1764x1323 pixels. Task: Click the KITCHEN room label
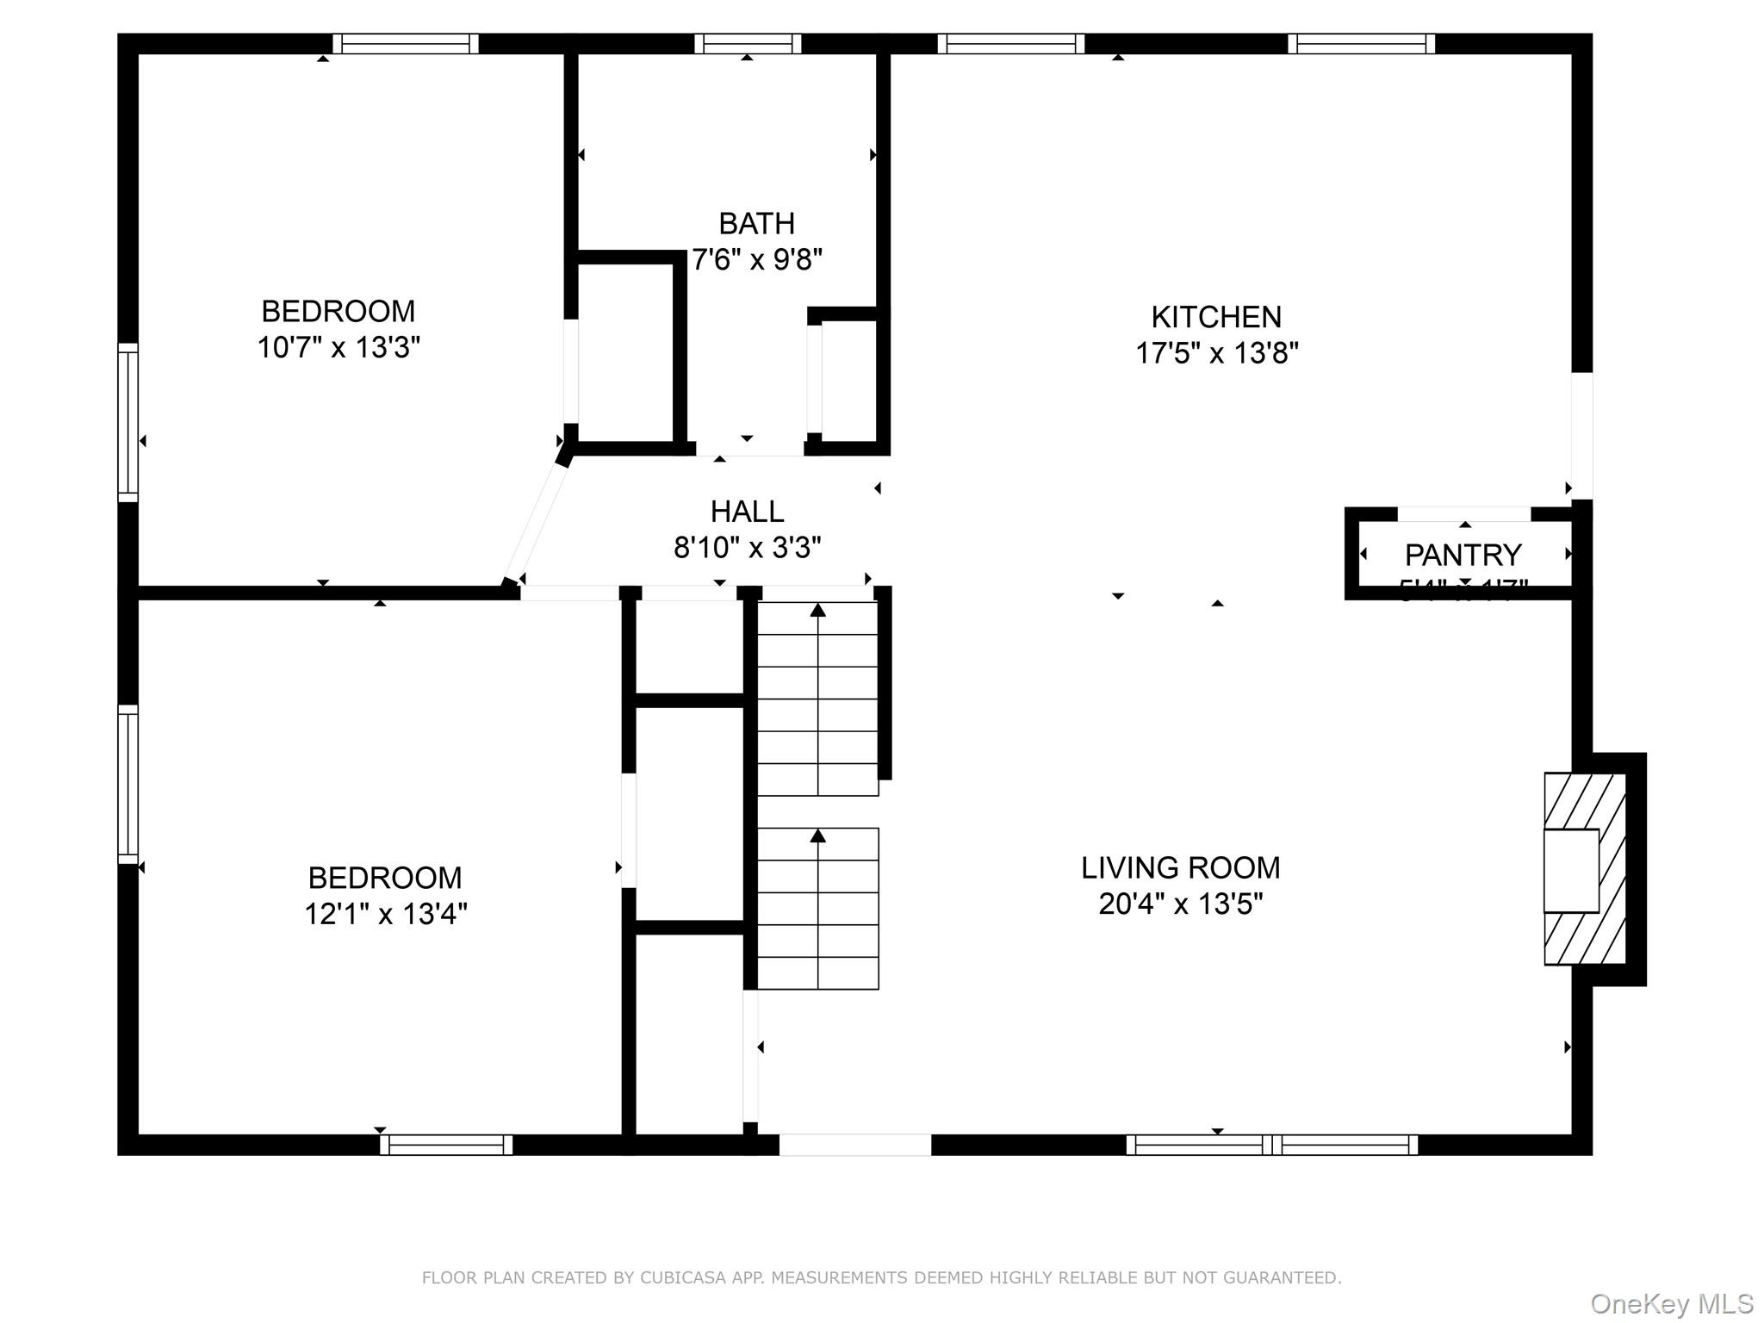pos(1215,317)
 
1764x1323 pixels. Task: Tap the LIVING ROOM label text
pos(1180,867)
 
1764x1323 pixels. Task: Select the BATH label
pos(756,224)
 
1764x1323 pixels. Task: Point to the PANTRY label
pos(1463,554)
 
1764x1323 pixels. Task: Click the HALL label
pos(747,512)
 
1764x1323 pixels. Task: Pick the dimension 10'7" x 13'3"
pos(339,347)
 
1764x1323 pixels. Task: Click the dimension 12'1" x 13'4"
pos(385,913)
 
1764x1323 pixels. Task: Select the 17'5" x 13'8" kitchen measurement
pos(1216,353)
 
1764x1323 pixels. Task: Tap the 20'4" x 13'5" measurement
pos(1180,904)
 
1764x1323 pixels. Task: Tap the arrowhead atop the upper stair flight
pos(817,610)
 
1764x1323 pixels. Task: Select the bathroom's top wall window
pos(748,43)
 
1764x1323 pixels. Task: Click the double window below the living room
pos(1271,1145)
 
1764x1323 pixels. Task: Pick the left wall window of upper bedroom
pos(127,422)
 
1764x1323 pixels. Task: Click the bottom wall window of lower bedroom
pos(446,1145)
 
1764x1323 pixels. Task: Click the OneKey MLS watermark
pos(1671,1304)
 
